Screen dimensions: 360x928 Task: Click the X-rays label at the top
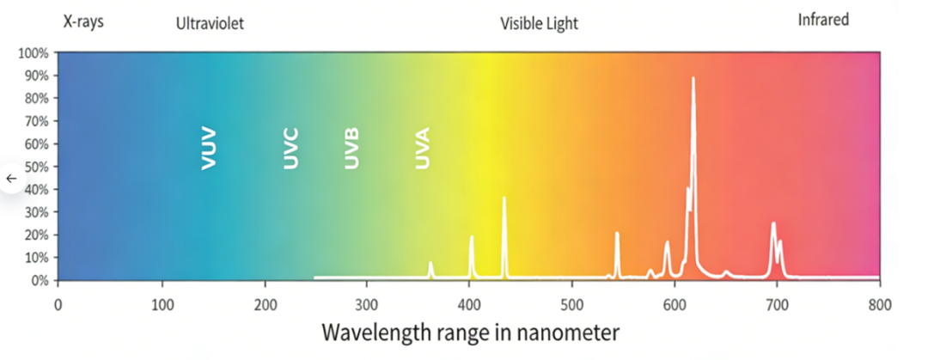pos(83,21)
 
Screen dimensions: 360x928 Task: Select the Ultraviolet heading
pos(210,24)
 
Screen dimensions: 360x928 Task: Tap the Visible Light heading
pos(539,24)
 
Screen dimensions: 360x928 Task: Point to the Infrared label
pos(823,19)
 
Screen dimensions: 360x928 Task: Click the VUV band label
pos(208,149)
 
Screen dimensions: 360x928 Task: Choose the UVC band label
pos(290,149)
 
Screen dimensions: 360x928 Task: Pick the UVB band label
pos(351,149)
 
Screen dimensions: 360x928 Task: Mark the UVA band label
pos(422,149)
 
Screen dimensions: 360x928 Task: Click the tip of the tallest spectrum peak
pos(693,78)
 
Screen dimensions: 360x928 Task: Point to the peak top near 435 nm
pos(504,198)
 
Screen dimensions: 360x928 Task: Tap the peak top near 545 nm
pos(617,233)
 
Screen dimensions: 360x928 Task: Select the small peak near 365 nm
pos(430,263)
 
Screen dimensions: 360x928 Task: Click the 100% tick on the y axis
pos(34,53)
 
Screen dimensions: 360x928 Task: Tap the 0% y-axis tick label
pos(40,280)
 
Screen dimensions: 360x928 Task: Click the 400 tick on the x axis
pos(469,304)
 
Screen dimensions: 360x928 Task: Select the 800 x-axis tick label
pos(879,304)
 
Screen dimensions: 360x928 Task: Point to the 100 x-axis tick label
pos(162,304)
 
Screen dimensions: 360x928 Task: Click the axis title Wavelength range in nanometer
pos(470,332)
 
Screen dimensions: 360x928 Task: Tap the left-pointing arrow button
pos(11,178)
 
